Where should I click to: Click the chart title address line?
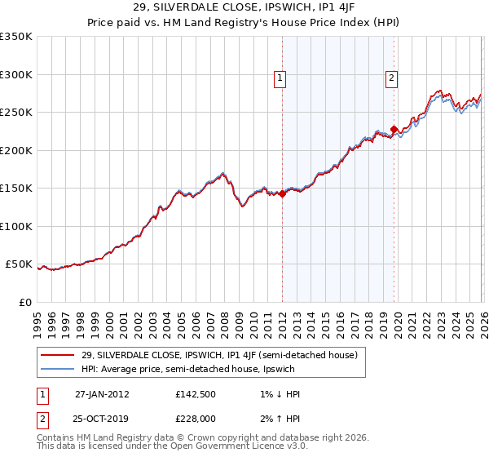(x=244, y=9)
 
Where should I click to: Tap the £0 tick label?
(x=24, y=302)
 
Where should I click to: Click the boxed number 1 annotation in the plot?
(x=280, y=78)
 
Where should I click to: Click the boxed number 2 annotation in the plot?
(x=392, y=78)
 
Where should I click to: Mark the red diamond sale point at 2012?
(x=282, y=194)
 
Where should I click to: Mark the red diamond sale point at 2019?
(x=394, y=129)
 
